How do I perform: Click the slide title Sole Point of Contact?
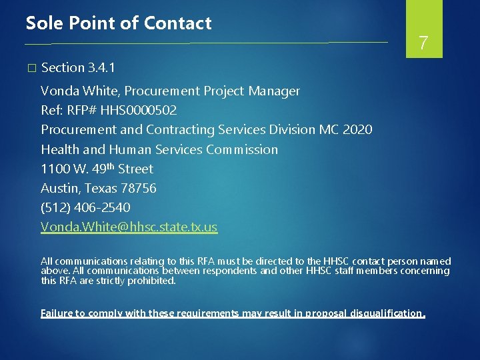click(x=119, y=23)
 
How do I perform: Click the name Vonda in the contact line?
click(x=57, y=91)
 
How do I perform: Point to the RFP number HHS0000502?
click(x=137, y=110)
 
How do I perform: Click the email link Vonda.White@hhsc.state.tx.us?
click(x=129, y=227)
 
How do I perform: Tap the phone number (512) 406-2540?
click(x=85, y=208)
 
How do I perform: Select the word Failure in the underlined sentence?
click(x=58, y=313)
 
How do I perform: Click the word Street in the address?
click(x=135, y=169)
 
